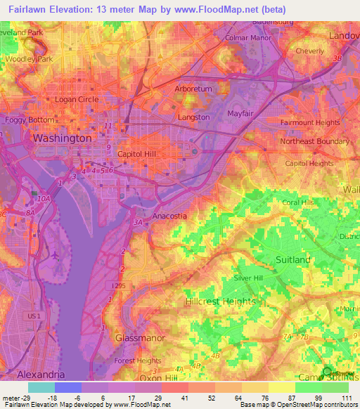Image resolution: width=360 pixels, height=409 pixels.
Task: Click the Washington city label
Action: coord(62,138)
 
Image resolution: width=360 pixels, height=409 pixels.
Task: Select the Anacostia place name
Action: coord(169,216)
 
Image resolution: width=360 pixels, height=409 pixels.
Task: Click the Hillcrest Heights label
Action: coord(221,301)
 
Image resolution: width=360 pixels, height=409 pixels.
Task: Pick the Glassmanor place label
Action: coord(139,337)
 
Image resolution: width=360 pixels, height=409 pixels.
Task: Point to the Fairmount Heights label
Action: coord(310,122)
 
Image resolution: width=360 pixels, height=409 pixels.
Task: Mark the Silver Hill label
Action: coord(257,278)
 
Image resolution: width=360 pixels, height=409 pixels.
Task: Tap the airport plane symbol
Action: coord(55,256)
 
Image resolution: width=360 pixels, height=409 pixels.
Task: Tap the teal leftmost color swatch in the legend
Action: coord(41,387)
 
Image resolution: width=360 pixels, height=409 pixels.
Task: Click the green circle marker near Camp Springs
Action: coord(326,372)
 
